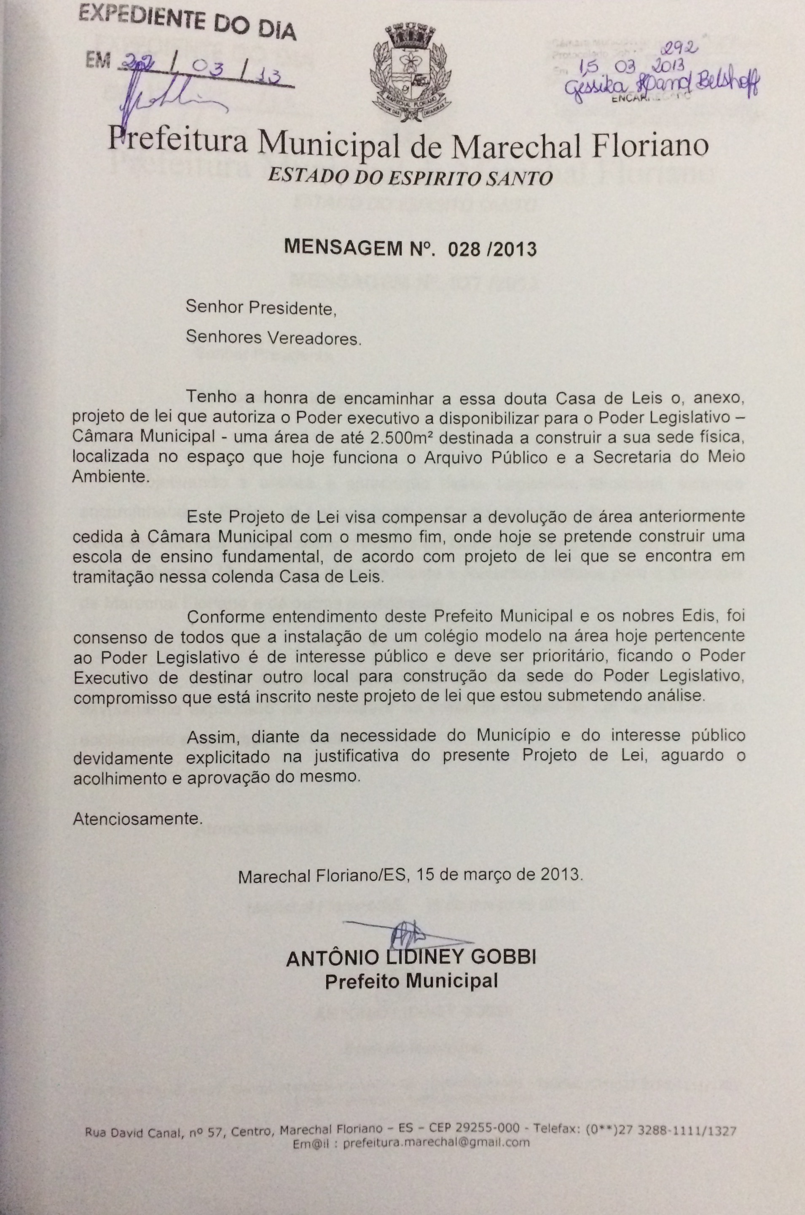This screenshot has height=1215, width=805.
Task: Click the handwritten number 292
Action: tap(681, 48)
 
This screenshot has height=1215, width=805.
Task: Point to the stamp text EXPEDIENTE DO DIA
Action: tap(187, 22)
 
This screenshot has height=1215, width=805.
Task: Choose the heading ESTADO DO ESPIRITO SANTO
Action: tap(411, 177)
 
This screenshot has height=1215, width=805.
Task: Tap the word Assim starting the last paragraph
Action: tap(207, 735)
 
